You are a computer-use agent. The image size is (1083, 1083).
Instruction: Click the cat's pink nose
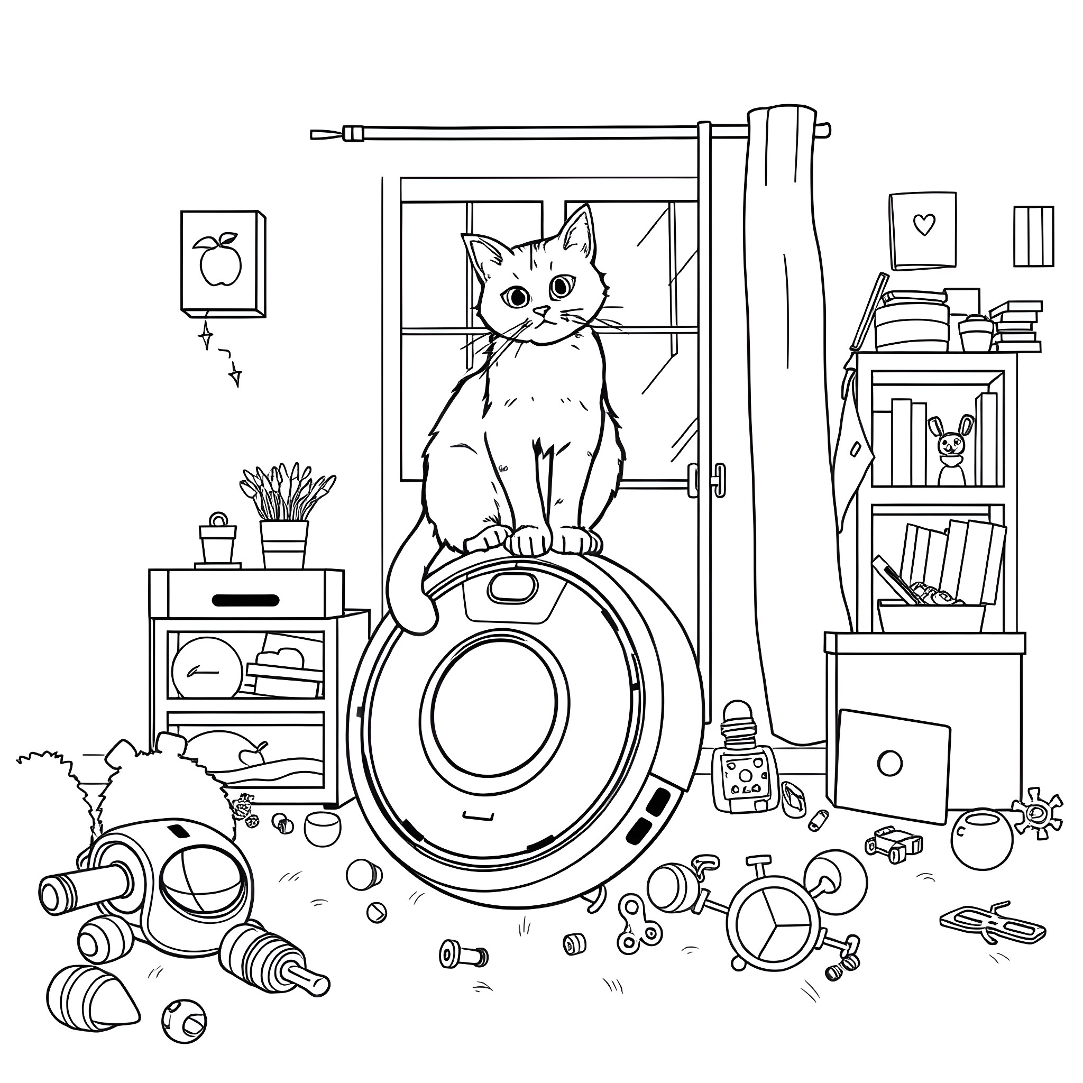coord(541,310)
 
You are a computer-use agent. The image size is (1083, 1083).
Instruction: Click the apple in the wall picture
coord(221,261)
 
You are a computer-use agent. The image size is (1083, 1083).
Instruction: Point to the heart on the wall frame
coord(923,224)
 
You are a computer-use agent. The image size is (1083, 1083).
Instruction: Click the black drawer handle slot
coord(245,600)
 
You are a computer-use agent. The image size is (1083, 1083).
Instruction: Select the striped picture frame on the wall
coord(1033,236)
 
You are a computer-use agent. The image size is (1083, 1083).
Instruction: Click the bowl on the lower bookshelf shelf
coord(931,616)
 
